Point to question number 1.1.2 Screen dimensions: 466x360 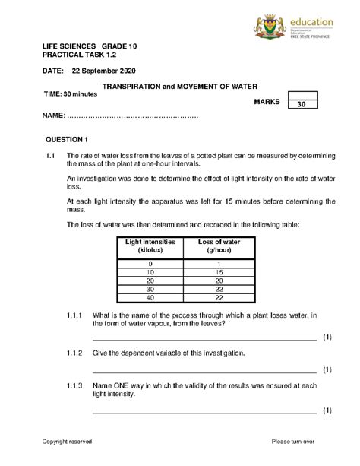pos(74,353)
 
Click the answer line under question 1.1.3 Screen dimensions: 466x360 pos(204,413)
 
